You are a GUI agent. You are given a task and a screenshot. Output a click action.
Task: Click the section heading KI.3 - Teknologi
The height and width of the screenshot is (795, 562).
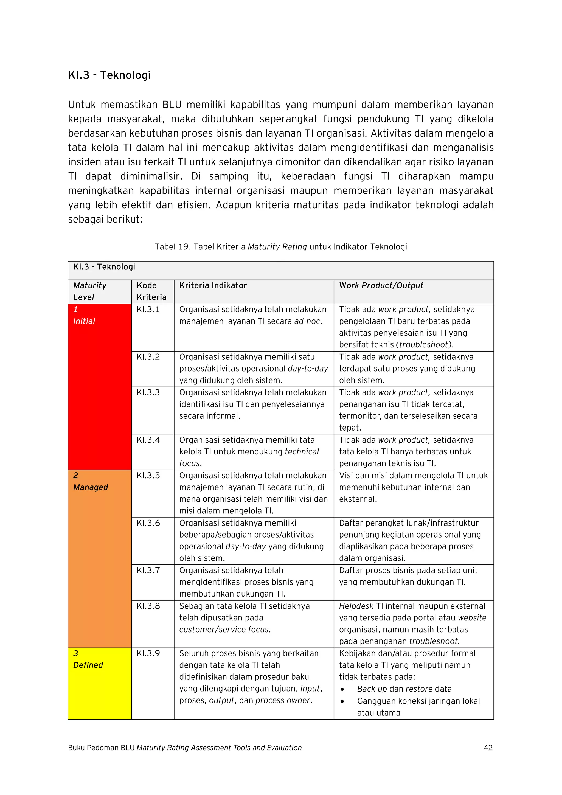click(109, 75)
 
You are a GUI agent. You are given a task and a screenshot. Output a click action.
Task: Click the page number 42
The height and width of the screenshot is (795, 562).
click(488, 748)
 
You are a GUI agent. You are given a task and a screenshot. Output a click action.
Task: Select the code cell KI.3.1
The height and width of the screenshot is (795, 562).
click(148, 310)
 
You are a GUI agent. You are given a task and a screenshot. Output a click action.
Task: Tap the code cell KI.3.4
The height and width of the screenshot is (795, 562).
click(148, 440)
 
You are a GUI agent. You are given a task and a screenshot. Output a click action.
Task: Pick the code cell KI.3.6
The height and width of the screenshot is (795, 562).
click(148, 523)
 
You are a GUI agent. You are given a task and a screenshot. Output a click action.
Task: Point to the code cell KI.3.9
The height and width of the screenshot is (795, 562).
click(148, 654)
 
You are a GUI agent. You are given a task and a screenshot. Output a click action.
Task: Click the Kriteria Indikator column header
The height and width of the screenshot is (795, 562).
click(213, 286)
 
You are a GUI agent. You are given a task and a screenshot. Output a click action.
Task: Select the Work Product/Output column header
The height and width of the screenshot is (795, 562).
click(381, 286)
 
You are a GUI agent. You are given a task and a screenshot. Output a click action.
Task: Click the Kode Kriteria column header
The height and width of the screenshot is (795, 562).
click(151, 291)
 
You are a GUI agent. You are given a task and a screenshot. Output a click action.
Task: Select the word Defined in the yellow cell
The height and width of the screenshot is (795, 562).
click(88, 665)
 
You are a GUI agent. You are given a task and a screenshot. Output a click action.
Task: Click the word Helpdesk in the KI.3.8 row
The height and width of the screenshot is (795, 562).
click(356, 606)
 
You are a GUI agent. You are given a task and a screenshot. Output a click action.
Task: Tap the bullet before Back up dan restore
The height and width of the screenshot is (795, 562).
click(342, 689)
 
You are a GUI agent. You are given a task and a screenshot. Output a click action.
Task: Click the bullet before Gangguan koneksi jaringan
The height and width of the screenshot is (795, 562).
click(342, 701)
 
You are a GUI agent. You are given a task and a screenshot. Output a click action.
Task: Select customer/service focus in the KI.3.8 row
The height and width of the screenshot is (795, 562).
click(225, 630)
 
